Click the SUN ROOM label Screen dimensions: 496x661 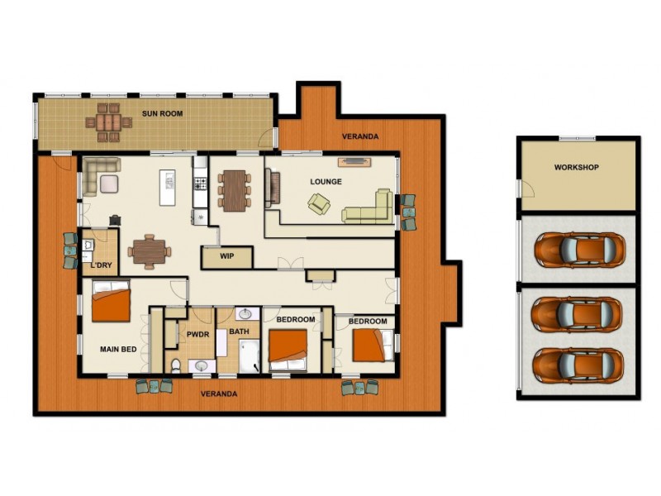pyautogui.click(x=162, y=113)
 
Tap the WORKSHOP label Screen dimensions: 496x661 pyautogui.click(x=576, y=167)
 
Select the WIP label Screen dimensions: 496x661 pyautogui.click(x=227, y=256)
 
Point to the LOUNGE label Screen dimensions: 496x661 pyautogui.click(x=326, y=182)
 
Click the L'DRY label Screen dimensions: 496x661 pyautogui.click(x=102, y=266)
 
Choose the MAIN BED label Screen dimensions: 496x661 pyautogui.click(x=118, y=350)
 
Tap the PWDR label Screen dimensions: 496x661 pyautogui.click(x=197, y=334)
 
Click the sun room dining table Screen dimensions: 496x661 pyautogui.click(x=108, y=122)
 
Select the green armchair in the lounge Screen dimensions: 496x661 pyautogui.click(x=319, y=203)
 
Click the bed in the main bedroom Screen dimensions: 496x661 pyautogui.click(x=111, y=303)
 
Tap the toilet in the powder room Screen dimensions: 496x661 pyautogui.click(x=175, y=365)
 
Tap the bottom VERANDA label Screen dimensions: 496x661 pyautogui.click(x=219, y=394)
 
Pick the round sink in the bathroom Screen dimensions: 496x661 pyautogui.click(x=245, y=313)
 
